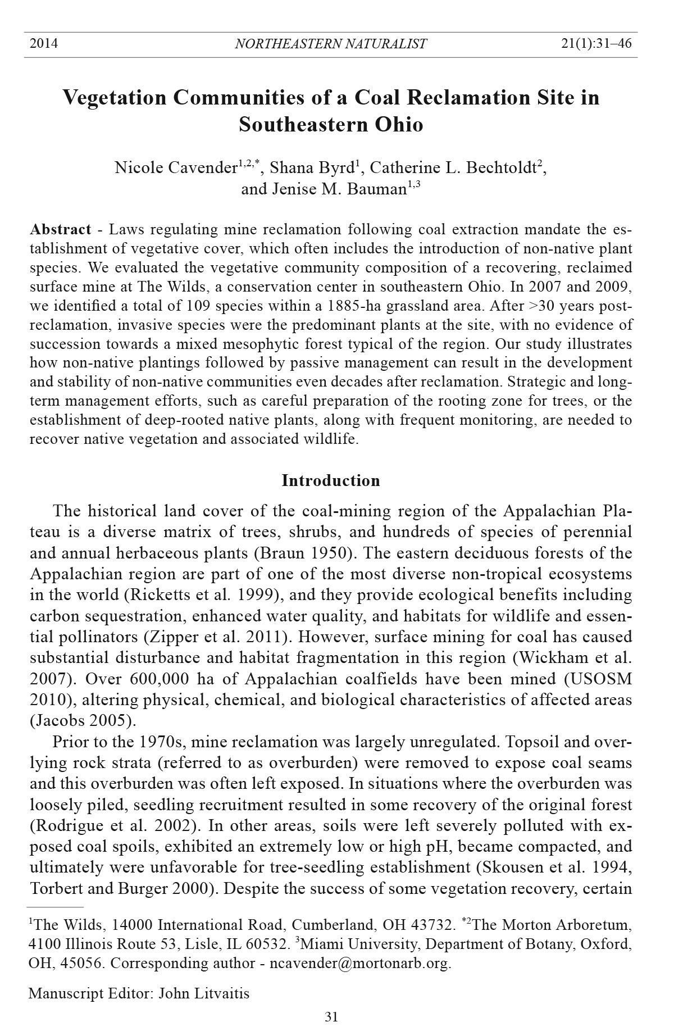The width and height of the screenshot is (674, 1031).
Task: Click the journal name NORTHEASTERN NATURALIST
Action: tap(330, 44)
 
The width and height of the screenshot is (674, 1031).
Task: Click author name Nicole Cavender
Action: tap(175, 167)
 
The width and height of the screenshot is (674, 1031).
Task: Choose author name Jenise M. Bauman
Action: tap(323, 189)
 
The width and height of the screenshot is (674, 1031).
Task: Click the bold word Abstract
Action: tap(60, 230)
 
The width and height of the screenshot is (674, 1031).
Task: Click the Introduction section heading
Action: tap(330, 481)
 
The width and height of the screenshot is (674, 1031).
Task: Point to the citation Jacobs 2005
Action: tap(83, 721)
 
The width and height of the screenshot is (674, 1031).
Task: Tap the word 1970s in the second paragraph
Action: tap(163, 742)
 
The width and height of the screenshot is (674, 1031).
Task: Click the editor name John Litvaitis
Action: tap(204, 993)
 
